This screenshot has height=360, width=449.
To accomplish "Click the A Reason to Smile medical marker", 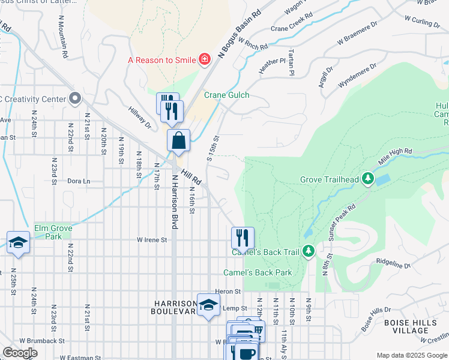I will point(205,59).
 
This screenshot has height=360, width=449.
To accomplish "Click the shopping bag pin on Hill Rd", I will point(179,142).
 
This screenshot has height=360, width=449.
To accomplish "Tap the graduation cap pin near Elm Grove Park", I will point(19,242).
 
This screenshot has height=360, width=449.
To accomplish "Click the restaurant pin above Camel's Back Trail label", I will point(243,238).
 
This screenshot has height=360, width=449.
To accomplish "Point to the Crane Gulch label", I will point(226,95).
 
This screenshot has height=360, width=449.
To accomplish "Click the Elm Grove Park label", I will point(53,232).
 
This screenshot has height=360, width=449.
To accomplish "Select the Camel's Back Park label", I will point(258,272).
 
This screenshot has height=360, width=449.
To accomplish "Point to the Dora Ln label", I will point(78,181).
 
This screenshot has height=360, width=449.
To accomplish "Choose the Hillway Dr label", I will point(140,117).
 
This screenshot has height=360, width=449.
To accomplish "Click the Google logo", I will point(20,353).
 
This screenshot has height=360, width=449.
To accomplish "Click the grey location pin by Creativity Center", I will point(74,97).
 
